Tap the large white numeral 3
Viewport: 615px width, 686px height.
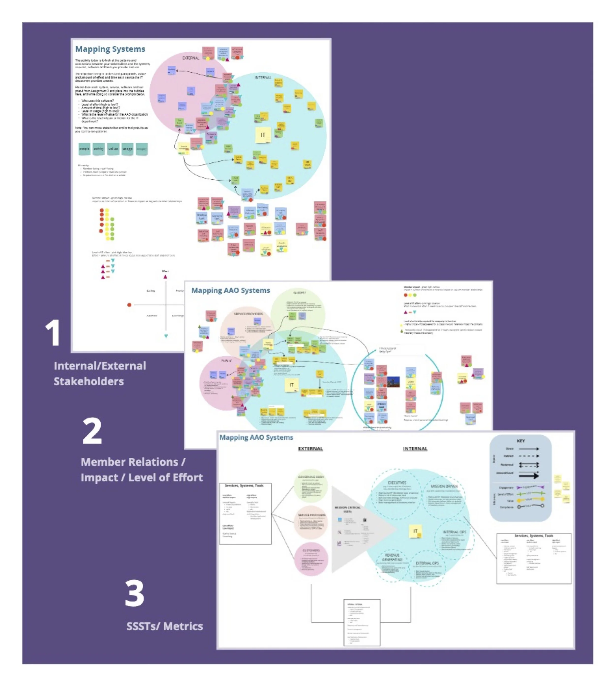[x=135, y=594]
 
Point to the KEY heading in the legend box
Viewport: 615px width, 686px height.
[x=520, y=441]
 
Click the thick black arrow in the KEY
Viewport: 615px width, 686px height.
[x=529, y=476]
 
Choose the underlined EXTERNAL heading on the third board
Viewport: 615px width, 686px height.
[x=310, y=448]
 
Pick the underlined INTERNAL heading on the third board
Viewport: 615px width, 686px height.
[x=415, y=448]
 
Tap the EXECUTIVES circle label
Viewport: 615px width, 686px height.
[x=397, y=483]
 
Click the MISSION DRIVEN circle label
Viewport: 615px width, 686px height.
[x=444, y=486]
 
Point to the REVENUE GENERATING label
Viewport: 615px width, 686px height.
[x=392, y=557]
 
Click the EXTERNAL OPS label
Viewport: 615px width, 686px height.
[x=427, y=563]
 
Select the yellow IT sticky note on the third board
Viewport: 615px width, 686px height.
[x=415, y=531]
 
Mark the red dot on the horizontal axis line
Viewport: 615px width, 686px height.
[x=129, y=305]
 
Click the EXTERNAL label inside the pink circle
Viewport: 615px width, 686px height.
[x=191, y=58]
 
